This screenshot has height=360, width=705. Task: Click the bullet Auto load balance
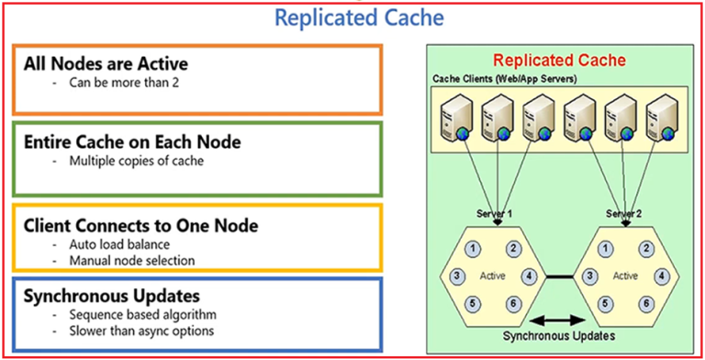point(118,244)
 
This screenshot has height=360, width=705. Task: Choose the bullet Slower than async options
point(140,331)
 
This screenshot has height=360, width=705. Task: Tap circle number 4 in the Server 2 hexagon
point(662,275)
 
